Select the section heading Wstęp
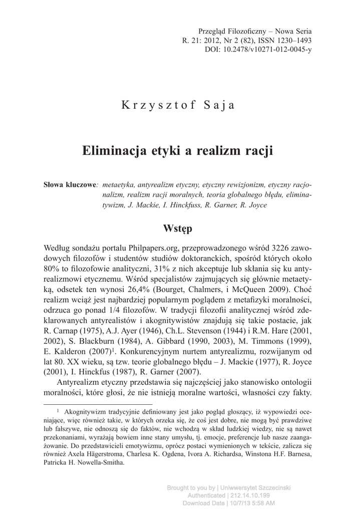tap(178, 228)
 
